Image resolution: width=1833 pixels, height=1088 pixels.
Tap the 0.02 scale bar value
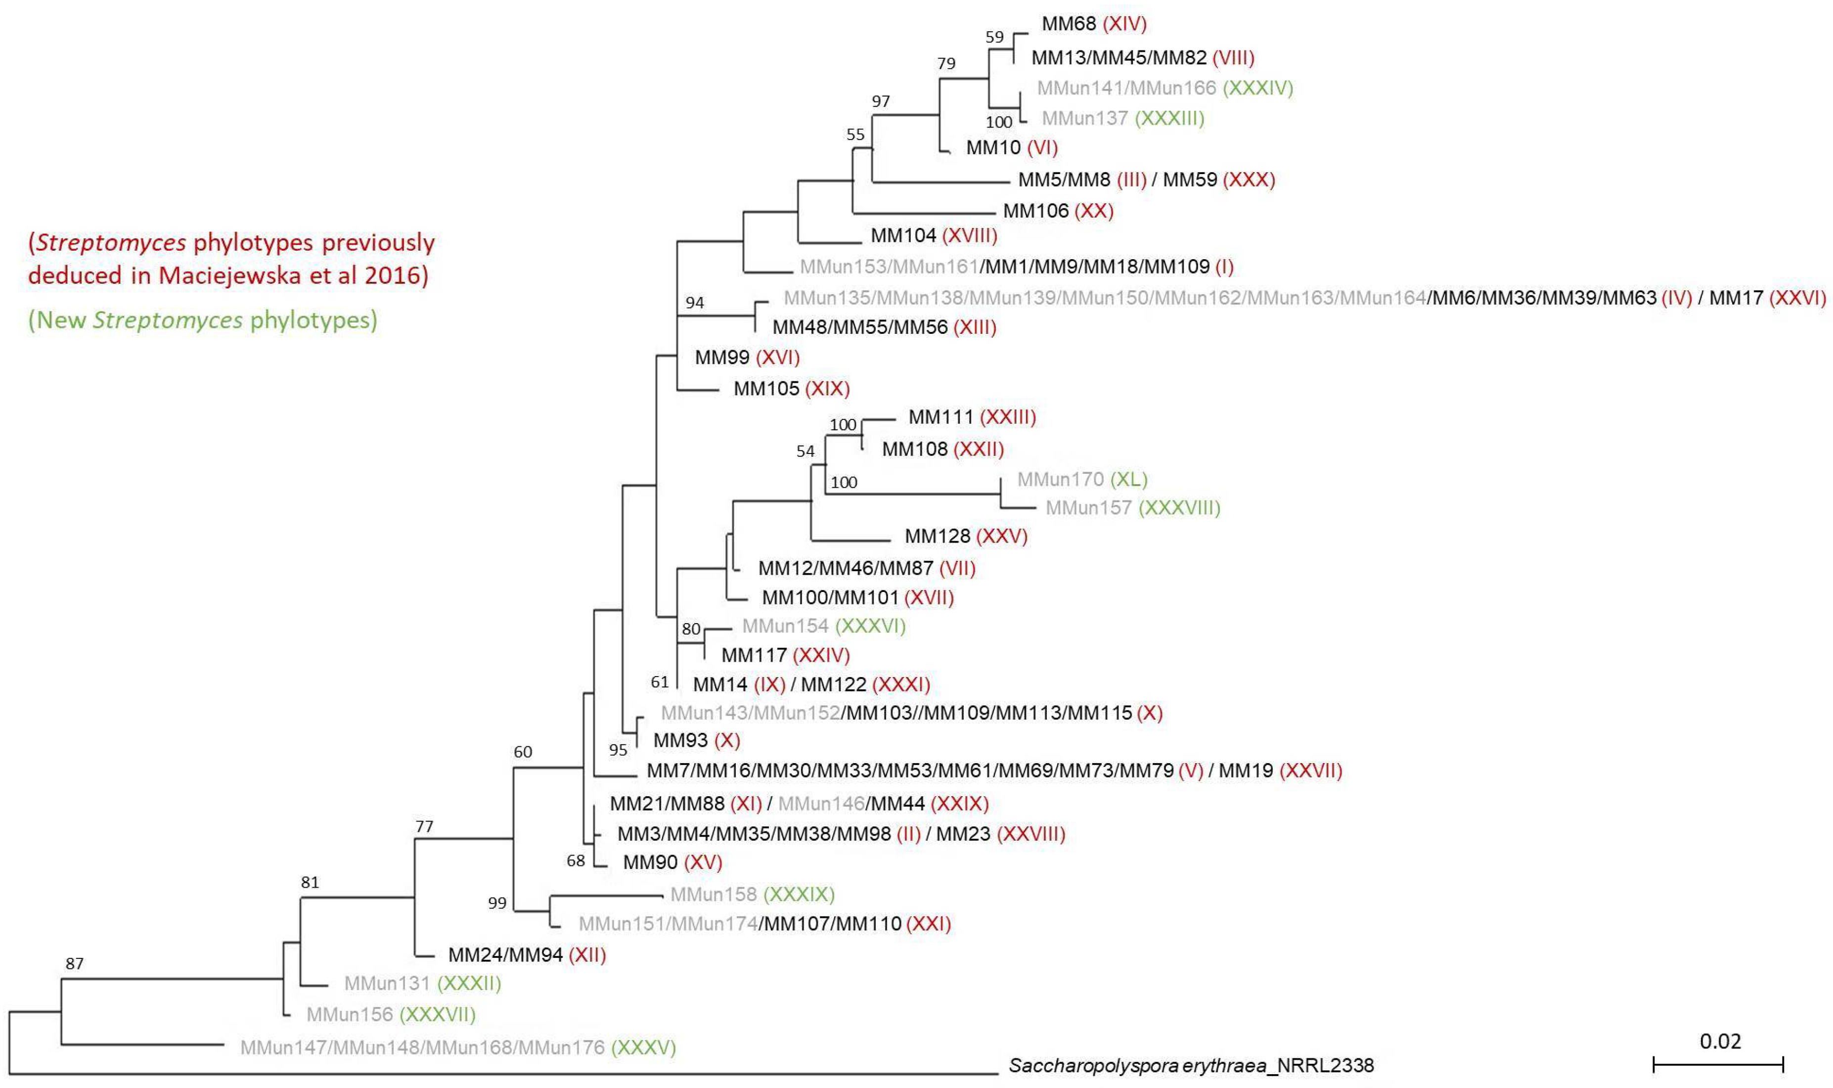click(x=1719, y=1041)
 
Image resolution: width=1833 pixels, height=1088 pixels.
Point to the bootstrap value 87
click(x=75, y=963)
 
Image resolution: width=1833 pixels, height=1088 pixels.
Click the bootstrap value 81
click(x=310, y=882)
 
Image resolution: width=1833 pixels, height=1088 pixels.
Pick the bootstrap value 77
click(x=424, y=826)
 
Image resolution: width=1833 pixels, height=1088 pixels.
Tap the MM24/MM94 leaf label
click(x=505, y=954)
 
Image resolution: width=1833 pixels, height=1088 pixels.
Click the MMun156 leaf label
click(x=350, y=1015)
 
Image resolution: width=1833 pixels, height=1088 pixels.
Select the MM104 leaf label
click(x=903, y=235)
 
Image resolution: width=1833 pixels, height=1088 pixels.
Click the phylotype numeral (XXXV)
click(x=643, y=1047)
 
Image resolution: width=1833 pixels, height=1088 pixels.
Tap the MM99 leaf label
click(x=722, y=358)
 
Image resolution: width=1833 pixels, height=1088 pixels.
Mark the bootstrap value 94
click(x=694, y=302)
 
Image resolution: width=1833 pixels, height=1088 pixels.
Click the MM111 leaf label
click(x=940, y=417)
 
